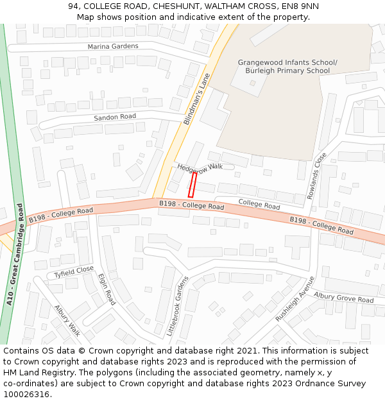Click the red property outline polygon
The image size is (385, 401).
tap(192, 184)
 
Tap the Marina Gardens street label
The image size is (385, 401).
tap(113, 46)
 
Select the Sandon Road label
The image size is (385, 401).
tap(115, 117)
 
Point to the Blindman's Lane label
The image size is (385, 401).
tap(196, 99)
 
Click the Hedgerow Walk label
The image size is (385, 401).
tap(200, 166)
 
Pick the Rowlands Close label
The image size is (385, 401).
tap(317, 176)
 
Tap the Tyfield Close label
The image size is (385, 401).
tap(74, 272)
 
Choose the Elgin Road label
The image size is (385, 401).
tap(107, 289)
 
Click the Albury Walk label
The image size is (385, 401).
tap(67, 320)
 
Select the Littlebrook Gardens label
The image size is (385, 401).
tap(179, 307)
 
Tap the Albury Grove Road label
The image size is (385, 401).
tap(343, 298)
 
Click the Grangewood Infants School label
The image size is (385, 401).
tap(287, 62)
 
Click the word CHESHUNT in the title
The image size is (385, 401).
tap(169, 6)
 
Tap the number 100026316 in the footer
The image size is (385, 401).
tap(26, 395)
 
